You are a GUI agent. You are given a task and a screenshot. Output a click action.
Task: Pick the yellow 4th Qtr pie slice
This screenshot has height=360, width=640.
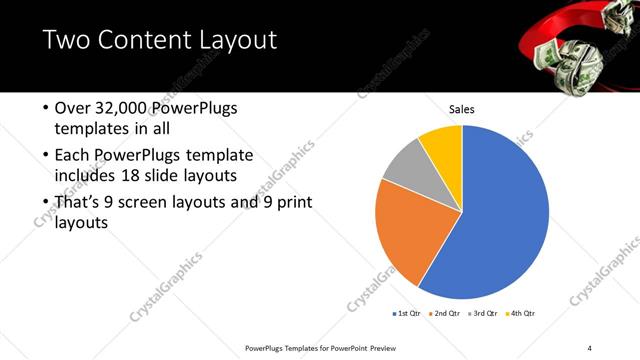[x=441, y=146]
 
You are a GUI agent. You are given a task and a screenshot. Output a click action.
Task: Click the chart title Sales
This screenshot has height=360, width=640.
[x=461, y=109]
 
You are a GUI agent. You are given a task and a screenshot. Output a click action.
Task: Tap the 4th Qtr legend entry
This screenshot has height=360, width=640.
[x=522, y=313]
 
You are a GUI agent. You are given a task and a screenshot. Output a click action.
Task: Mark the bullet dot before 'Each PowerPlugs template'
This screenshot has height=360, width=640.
[x=44, y=156]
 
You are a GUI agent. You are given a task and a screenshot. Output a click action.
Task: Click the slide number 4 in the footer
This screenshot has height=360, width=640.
[x=590, y=348]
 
